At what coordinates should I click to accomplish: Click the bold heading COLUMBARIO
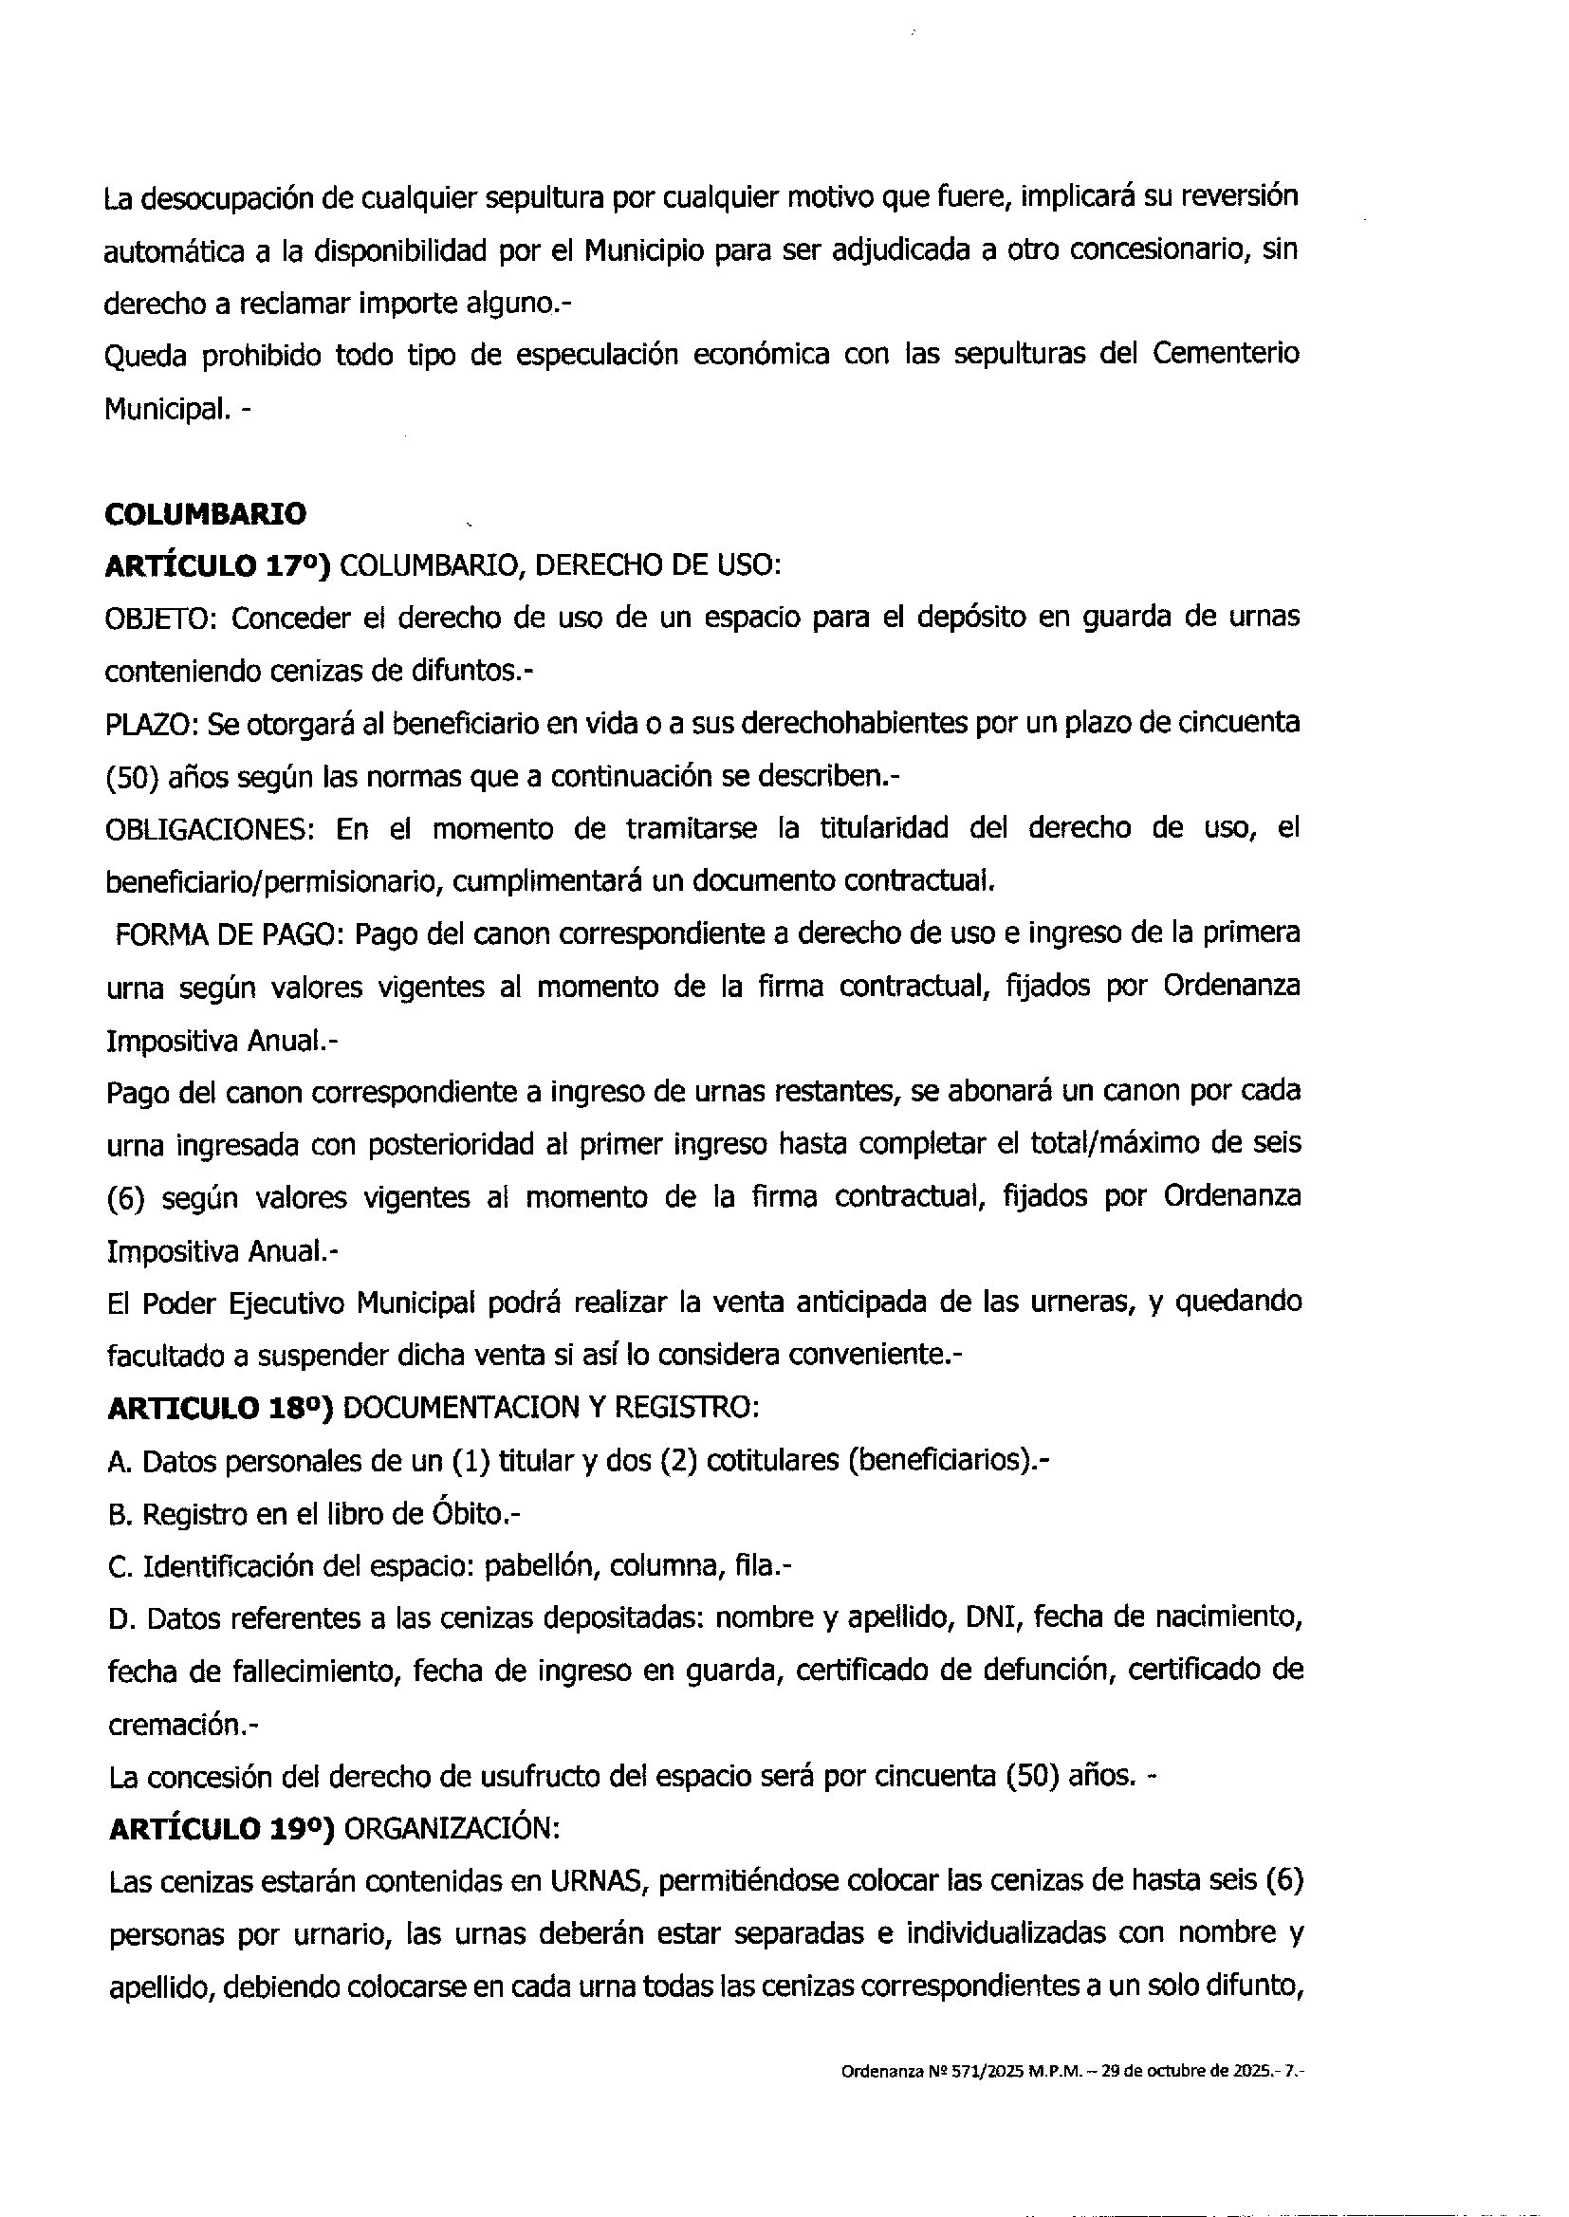[205, 514]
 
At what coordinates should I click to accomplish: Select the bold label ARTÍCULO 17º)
[217, 566]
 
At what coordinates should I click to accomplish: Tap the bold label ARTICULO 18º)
[220, 1409]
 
